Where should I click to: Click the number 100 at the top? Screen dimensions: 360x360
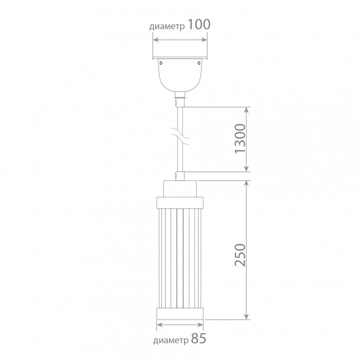pyautogui.click(x=199, y=24)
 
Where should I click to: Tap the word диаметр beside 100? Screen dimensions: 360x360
pyautogui.click(x=167, y=27)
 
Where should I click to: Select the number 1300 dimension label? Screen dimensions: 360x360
pyautogui.click(x=240, y=139)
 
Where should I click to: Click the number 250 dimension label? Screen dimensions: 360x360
pyautogui.click(x=240, y=255)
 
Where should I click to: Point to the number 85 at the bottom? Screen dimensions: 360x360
pyautogui.click(x=198, y=338)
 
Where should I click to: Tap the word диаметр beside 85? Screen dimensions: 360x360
pyautogui.click(x=171, y=341)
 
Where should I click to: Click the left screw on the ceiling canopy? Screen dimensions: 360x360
pyautogui.click(x=161, y=63)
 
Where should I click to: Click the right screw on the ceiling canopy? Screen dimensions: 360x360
pyautogui.click(x=199, y=63)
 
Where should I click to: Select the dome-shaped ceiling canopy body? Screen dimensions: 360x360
pyautogui.click(x=180, y=75)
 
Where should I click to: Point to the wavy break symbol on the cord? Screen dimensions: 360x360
pyautogui.click(x=180, y=137)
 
